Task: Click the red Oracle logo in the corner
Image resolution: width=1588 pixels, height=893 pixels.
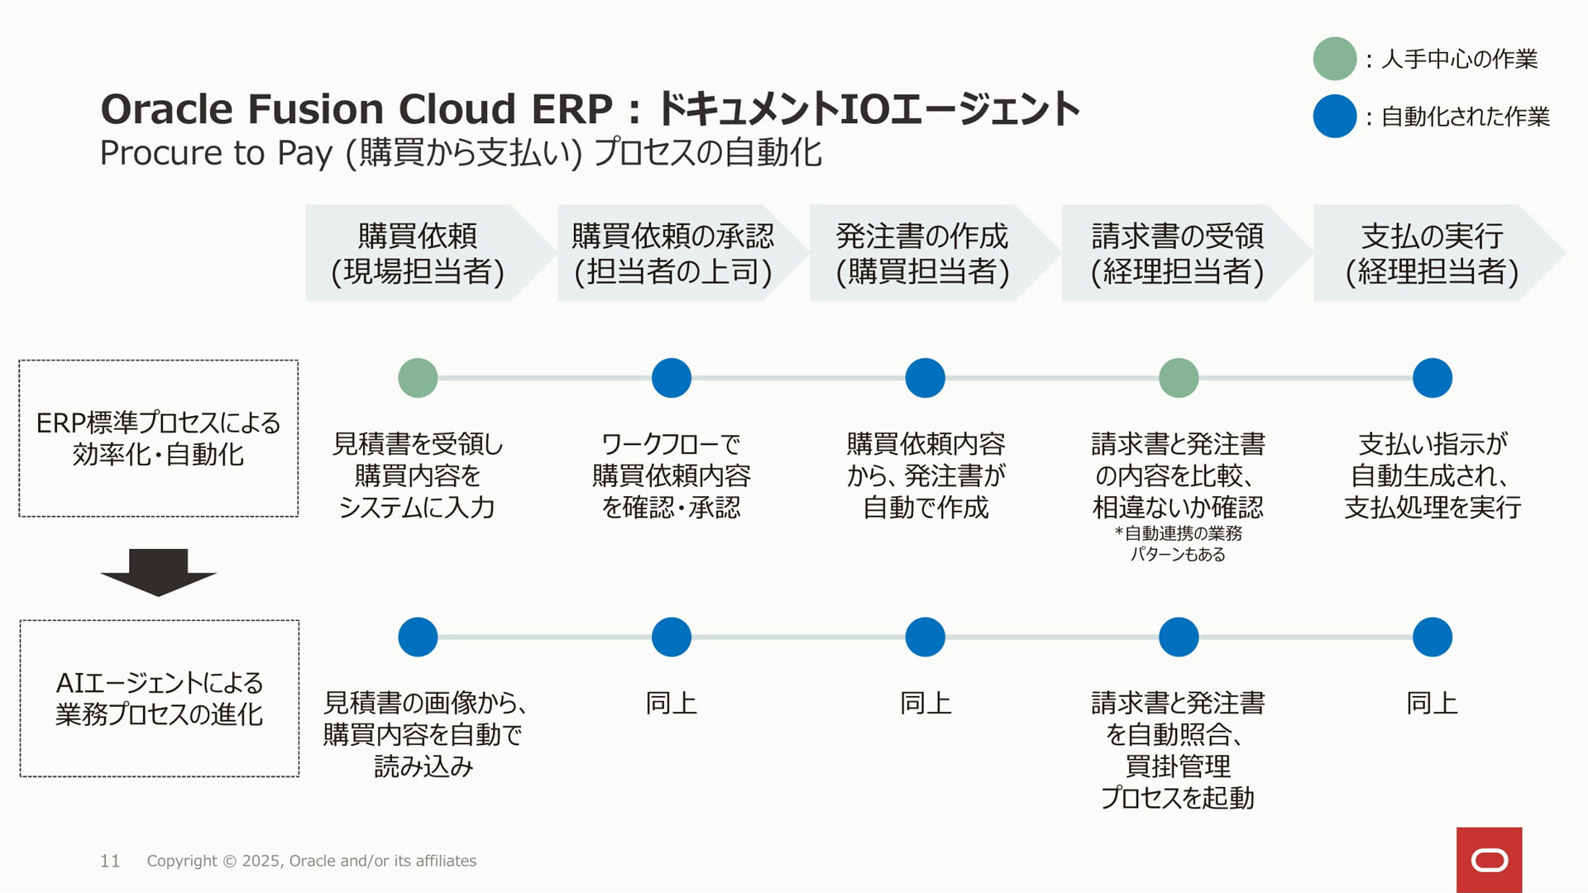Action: point(1489,860)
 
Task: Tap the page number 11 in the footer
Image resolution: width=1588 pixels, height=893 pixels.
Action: point(110,861)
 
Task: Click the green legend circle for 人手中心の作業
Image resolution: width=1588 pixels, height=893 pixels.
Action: point(1334,59)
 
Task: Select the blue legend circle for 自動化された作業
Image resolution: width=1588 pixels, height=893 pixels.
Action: point(1334,116)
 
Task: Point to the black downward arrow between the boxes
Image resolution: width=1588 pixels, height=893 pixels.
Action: point(158,572)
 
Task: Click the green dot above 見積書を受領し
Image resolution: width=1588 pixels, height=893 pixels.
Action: point(418,378)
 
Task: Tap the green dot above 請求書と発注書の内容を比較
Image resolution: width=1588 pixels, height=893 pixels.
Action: point(1179,378)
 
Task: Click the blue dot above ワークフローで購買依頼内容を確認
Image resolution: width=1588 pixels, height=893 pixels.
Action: point(672,378)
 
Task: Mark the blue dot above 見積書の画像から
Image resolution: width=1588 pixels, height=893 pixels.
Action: point(418,637)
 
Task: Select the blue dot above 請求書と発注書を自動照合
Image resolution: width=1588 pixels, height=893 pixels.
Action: point(1179,637)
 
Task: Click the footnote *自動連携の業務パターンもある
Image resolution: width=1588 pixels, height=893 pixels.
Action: point(1178,543)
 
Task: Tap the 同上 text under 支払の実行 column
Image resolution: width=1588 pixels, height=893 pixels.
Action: point(1432,703)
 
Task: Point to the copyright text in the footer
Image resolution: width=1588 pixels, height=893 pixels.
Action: point(312,861)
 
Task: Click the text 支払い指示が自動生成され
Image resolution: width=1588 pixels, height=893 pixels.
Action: point(1433,460)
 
